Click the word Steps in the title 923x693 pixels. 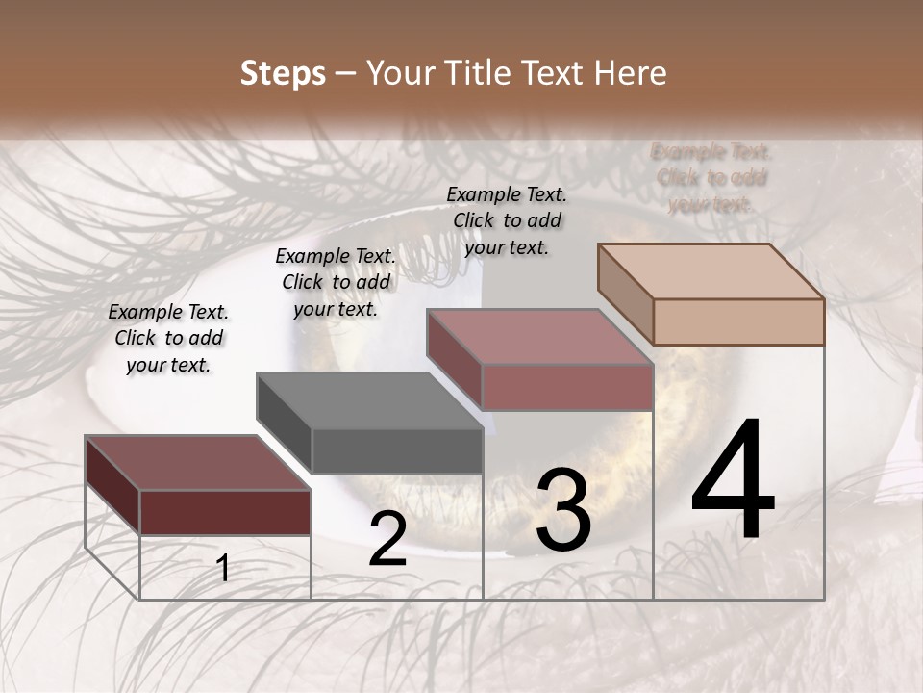tap(283, 73)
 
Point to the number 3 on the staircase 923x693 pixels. tap(562, 510)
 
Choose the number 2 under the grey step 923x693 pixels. tap(387, 539)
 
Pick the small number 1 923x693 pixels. tap(223, 568)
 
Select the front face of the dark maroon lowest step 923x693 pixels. tap(225, 512)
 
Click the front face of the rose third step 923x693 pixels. tap(567, 387)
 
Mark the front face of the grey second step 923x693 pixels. tap(396, 450)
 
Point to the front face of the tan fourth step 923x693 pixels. tap(738, 321)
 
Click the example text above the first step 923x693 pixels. tap(168, 339)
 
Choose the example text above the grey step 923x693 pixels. tap(336, 283)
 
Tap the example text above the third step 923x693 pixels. tap(507, 220)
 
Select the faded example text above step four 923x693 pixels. tap(711, 178)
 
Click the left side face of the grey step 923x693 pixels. tap(284, 423)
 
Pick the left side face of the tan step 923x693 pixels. tap(625, 294)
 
